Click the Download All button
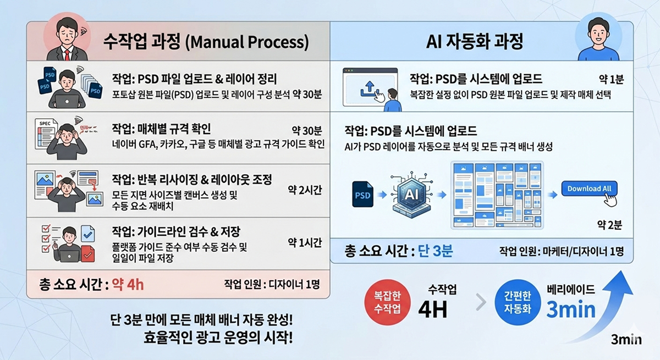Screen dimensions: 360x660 [590, 189]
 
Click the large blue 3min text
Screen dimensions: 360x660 [571, 309]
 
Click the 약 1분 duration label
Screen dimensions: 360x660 [611, 80]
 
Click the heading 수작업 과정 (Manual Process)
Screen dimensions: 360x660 [206, 42]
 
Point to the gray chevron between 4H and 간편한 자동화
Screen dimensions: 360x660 [480, 302]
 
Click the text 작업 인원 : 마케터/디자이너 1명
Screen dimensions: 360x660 [561, 252]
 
